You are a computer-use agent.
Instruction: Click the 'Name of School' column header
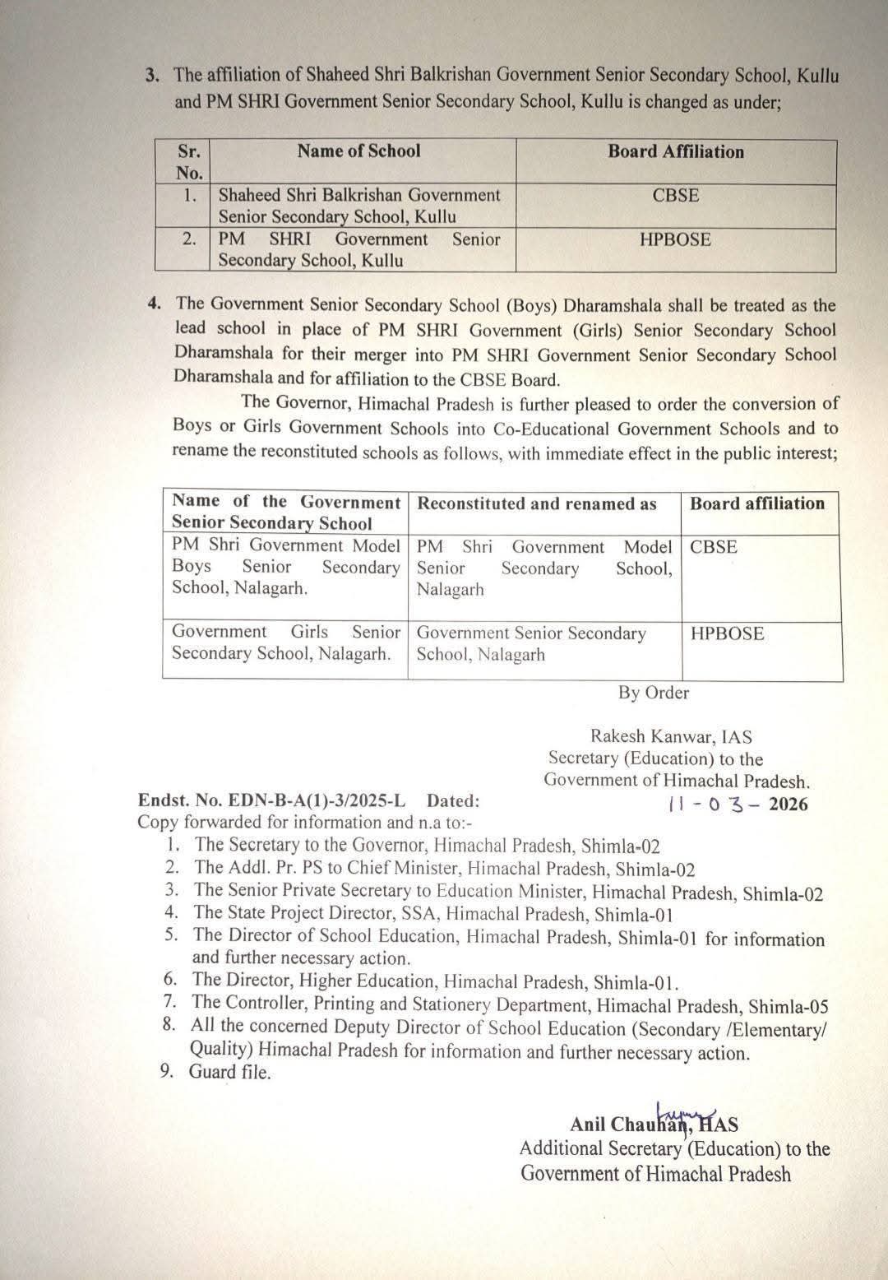point(358,151)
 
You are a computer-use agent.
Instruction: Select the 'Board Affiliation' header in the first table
point(675,152)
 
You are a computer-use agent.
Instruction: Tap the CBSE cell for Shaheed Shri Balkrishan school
point(675,196)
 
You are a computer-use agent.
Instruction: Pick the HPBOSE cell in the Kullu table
point(675,240)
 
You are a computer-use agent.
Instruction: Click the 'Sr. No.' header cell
point(189,161)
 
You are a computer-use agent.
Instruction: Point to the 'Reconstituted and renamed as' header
point(537,504)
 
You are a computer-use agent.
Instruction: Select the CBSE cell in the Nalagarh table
point(714,547)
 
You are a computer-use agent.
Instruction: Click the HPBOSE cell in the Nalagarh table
point(727,633)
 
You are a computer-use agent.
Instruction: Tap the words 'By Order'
point(654,693)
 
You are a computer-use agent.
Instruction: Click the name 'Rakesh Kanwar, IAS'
point(671,737)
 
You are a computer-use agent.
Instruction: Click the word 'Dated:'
point(453,800)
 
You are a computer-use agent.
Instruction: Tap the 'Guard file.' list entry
point(229,1072)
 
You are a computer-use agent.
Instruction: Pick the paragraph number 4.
point(155,304)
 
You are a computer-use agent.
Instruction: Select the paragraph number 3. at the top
point(153,75)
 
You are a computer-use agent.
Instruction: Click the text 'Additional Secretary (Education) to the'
point(674,1149)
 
